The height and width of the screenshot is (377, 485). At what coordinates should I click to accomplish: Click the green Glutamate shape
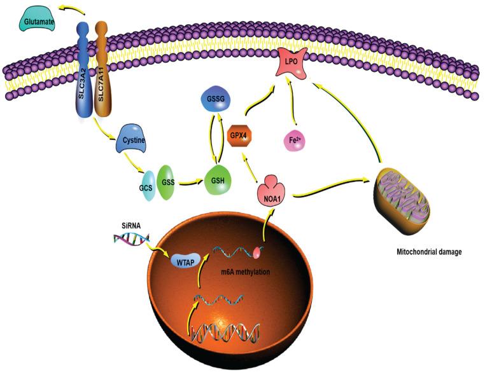click(36, 21)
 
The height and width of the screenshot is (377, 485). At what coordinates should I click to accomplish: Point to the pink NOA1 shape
click(272, 189)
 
